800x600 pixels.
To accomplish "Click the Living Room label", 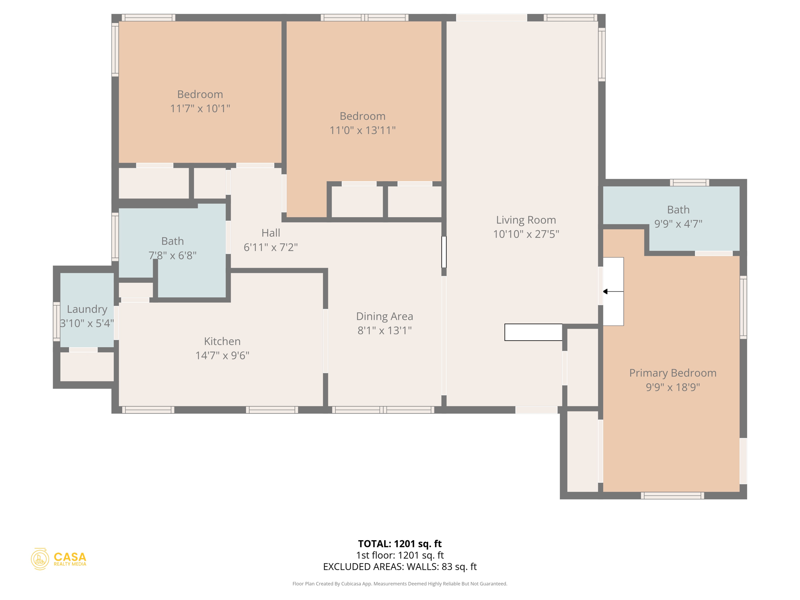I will pos(526,220).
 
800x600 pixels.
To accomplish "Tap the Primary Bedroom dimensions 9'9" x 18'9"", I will pos(672,387).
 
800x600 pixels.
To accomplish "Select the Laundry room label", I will pos(87,309).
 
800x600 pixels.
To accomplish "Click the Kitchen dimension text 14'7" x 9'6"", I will pos(222,355).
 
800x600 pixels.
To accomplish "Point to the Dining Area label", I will pos(384,316).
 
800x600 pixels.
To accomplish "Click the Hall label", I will pos(271,233).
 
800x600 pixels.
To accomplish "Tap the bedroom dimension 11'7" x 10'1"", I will pos(200,108).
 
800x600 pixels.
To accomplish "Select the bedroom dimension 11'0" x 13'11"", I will pos(362,130).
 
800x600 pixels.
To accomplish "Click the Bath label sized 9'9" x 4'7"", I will pos(678,210).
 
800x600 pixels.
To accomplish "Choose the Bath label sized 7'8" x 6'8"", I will pos(172,241).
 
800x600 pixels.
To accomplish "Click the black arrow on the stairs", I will pos(605,291).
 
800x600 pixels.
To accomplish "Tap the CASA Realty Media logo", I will pos(59,559).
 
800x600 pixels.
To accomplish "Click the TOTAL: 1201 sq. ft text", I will pos(400,543).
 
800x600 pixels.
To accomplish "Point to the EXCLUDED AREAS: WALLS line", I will pos(400,566).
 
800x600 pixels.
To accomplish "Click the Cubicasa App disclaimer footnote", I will pos(400,584).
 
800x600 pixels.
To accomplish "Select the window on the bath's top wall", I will pos(689,182).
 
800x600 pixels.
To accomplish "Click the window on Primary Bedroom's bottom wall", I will pos(672,496).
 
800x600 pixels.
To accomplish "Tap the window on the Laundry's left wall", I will pos(57,321).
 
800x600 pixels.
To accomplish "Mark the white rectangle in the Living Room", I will pos(533,332).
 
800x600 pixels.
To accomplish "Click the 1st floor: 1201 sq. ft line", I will pos(400,555).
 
